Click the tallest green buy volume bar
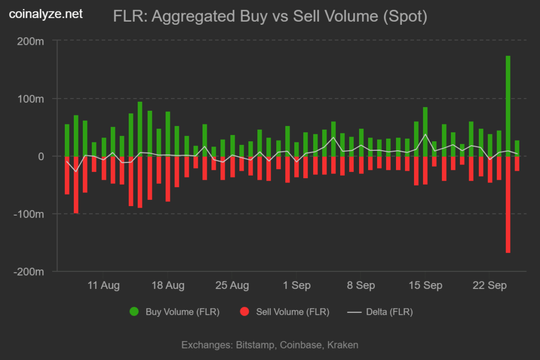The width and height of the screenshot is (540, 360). coord(508,105)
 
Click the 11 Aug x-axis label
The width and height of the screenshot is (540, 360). coord(103,286)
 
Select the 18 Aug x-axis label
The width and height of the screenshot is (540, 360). coord(168,286)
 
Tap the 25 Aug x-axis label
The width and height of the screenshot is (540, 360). coord(232,286)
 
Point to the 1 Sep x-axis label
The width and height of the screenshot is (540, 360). coord(296,286)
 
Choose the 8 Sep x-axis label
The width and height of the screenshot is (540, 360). coord(361,286)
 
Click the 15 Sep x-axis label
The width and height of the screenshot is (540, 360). coord(425,286)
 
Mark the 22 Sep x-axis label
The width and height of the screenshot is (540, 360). coord(489,286)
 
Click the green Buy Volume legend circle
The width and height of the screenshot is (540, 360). coord(134,312)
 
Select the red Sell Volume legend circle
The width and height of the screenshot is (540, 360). coord(244,312)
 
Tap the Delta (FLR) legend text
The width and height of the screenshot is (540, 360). coord(390,312)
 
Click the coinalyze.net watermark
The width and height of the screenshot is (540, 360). coord(46,15)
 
